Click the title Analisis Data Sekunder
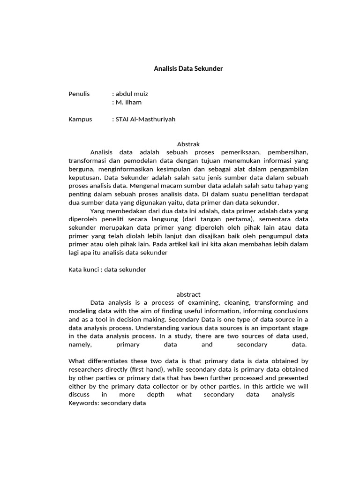[188, 68]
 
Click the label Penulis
[79, 94]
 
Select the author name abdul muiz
[132, 94]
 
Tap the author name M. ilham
[128, 102]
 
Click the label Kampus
[80, 119]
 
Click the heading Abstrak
[188, 144]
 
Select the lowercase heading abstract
[188, 294]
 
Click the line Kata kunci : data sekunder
[107, 270]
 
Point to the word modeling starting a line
[82, 311]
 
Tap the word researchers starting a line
[85, 369]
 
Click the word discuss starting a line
[79, 395]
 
